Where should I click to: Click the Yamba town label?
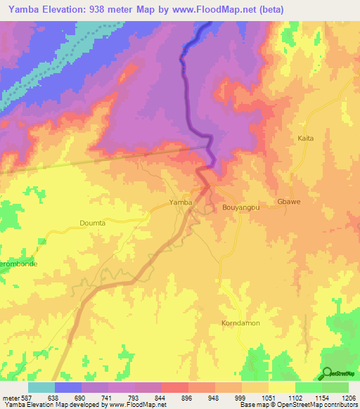pos(181,202)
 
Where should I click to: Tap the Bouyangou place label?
pos(241,208)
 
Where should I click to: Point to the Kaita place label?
pos(306,138)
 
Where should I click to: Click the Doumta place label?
pos(91,223)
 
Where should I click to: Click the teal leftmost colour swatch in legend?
pos(41,387)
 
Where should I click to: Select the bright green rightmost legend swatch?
pos(335,387)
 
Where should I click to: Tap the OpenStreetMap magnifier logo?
pos(327,372)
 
